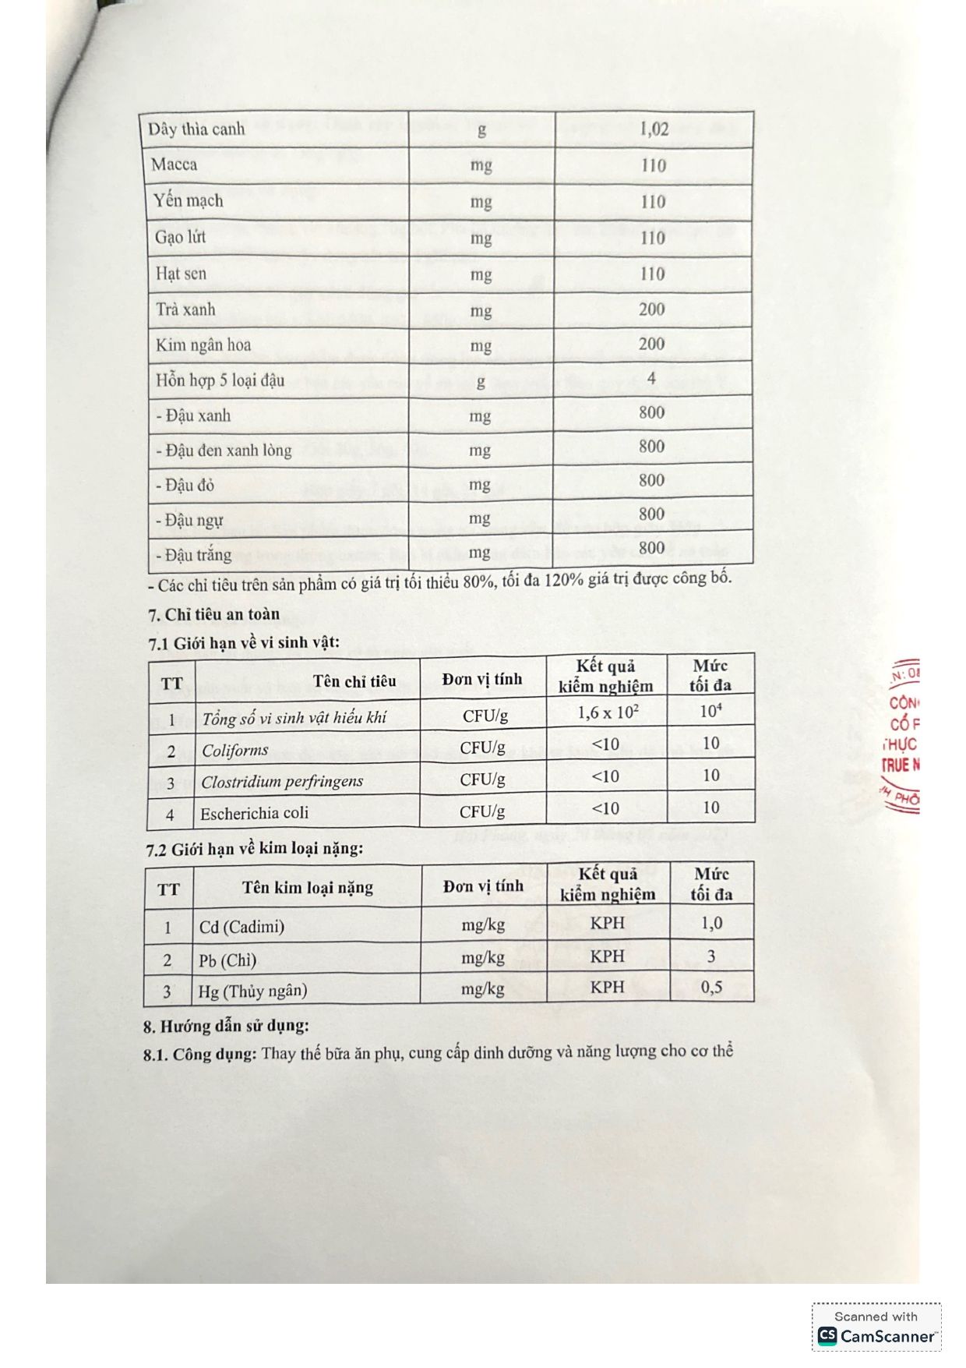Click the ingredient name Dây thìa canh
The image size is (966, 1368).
click(196, 129)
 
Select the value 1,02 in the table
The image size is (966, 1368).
click(654, 129)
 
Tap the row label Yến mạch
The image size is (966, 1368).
click(188, 201)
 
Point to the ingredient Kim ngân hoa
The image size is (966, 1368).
click(203, 345)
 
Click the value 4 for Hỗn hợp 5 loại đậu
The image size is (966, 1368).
click(651, 379)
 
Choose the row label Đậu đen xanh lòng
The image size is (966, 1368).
click(224, 451)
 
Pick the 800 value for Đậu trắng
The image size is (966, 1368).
click(651, 548)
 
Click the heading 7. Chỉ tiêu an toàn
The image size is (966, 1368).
click(213, 615)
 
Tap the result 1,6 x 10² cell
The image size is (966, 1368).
click(606, 712)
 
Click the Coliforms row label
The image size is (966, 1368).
click(234, 751)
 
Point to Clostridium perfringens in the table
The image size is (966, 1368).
click(282, 782)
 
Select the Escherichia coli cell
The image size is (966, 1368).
click(254, 814)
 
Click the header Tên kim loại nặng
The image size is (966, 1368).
click(307, 888)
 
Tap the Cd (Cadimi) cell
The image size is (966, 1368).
click(241, 928)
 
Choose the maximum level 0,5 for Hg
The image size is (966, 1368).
click(711, 988)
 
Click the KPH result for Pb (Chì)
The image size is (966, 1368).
click(607, 956)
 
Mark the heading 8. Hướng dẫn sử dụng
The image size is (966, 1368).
click(226, 1026)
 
